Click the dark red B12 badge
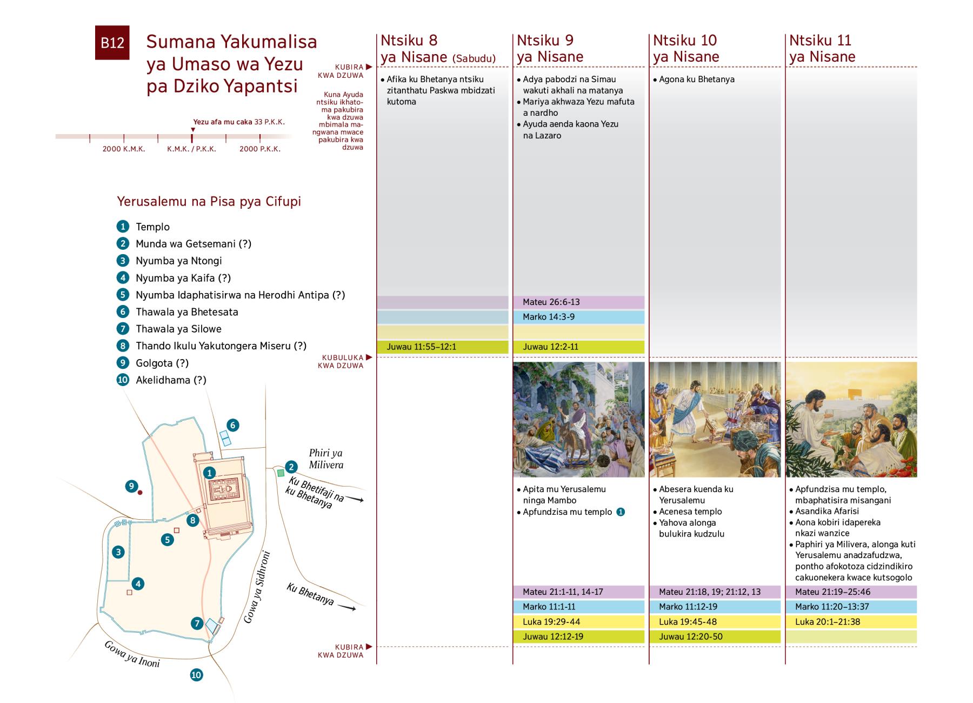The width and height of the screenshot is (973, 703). (x=112, y=43)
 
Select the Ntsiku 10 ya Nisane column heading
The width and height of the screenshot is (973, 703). (x=685, y=48)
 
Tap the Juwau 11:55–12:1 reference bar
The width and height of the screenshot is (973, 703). (x=442, y=347)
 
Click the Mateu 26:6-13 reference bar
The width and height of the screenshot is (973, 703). (x=578, y=302)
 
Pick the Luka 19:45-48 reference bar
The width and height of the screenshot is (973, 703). (x=715, y=621)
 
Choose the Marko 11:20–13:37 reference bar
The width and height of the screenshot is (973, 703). (x=851, y=607)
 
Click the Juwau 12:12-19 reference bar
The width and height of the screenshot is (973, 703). (x=578, y=636)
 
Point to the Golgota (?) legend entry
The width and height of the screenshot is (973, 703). (x=154, y=363)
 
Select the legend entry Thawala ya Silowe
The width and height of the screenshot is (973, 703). (x=178, y=329)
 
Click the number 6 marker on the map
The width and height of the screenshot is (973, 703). (x=232, y=425)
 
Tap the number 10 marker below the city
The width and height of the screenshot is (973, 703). (x=196, y=674)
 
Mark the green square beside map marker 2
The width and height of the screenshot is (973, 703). (x=281, y=473)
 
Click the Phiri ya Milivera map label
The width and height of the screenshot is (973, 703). (x=325, y=459)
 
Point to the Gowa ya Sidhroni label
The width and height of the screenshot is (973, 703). (x=257, y=587)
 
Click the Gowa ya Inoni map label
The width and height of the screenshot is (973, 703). (x=132, y=654)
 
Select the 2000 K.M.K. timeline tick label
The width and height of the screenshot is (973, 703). (x=124, y=149)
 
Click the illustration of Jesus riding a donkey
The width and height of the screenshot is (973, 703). (x=578, y=420)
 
